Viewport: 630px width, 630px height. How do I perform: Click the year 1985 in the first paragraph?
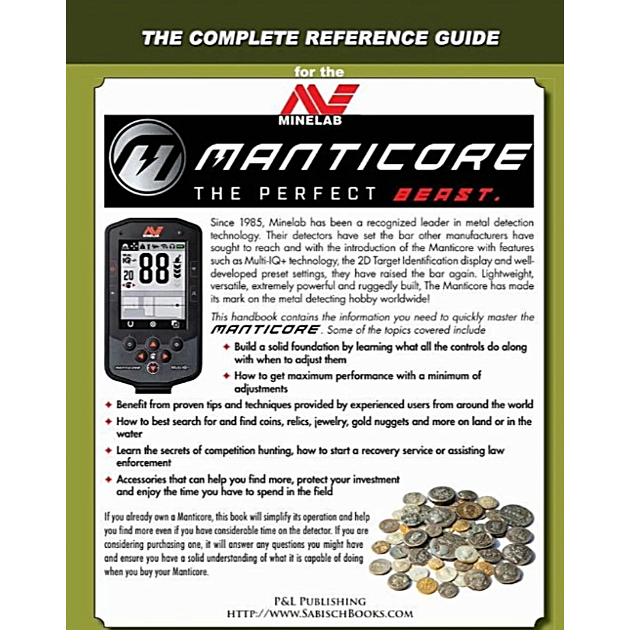(249, 222)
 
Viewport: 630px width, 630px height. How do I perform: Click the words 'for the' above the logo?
(319, 73)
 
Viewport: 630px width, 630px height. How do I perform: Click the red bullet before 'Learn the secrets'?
(108, 451)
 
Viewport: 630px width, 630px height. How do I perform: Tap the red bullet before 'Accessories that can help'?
(108, 480)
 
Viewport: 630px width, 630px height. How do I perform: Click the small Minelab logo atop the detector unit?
(153, 229)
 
